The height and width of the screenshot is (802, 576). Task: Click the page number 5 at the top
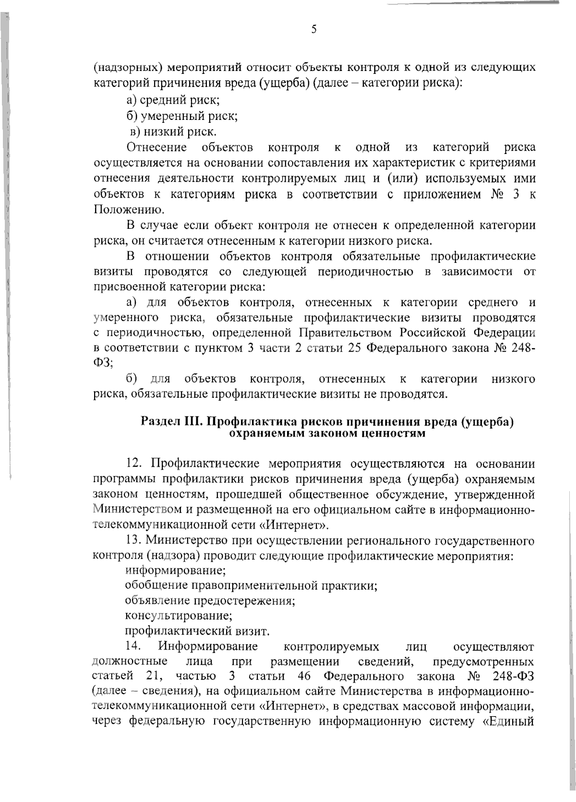coord(314,30)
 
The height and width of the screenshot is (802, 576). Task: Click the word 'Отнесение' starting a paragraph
coord(156,146)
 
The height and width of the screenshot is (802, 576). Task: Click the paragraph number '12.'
coord(135,463)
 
